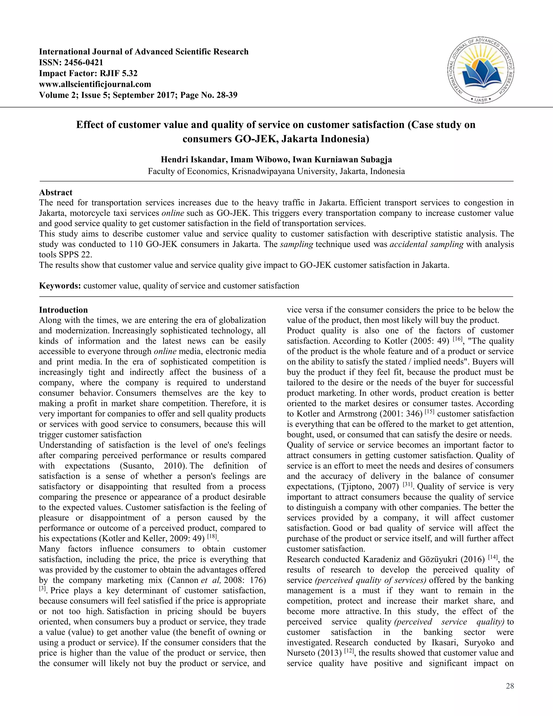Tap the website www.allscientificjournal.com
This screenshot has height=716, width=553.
click(95, 84)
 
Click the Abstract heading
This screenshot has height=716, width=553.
click(56, 192)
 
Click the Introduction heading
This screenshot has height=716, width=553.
click(63, 310)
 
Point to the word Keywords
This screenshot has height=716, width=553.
click(60, 286)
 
